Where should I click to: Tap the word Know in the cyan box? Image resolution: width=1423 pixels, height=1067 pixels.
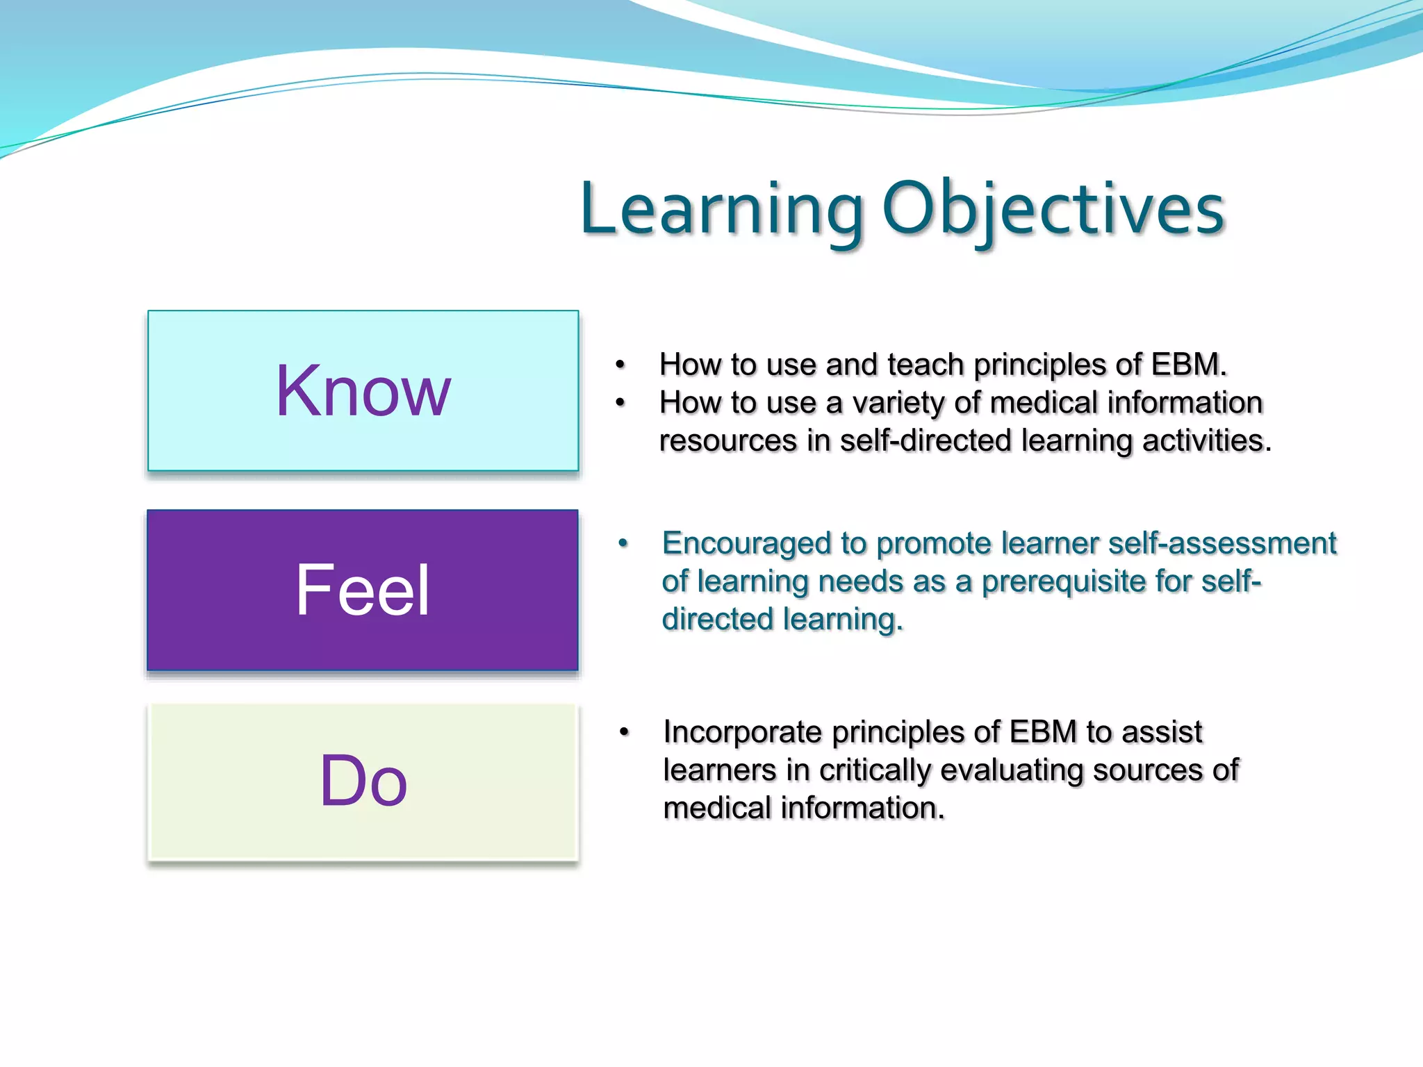click(363, 392)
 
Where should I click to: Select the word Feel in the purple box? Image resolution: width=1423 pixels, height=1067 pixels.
click(363, 590)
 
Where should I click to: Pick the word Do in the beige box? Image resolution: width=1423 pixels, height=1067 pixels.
click(363, 782)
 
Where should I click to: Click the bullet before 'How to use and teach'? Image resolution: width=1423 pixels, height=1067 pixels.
click(620, 365)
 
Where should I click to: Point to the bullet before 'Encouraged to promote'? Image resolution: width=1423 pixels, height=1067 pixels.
click(623, 543)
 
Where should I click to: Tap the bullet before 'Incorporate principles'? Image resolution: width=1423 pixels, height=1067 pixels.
click(624, 732)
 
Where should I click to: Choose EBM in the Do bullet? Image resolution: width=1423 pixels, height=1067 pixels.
click(1043, 733)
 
